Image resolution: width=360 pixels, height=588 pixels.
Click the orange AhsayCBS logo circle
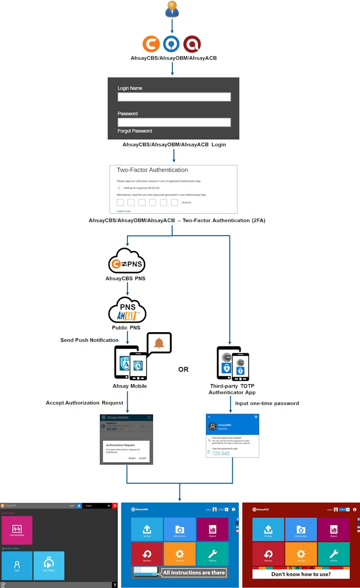click(151, 44)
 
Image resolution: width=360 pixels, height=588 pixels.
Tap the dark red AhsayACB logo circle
click(192, 44)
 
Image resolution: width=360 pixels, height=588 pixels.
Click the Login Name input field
click(174, 97)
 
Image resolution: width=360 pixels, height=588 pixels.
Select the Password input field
click(174, 122)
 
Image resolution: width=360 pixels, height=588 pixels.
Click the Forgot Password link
click(135, 131)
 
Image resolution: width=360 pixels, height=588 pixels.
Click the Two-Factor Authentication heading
click(152, 170)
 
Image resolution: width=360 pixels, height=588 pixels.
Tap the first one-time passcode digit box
click(120, 202)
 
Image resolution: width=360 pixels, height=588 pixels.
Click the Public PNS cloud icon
click(127, 311)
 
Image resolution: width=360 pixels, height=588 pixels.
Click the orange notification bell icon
click(159, 343)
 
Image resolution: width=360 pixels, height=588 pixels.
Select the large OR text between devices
click(183, 370)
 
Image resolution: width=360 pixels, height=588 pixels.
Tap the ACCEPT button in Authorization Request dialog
click(142, 458)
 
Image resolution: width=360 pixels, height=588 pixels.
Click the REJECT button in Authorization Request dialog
click(132, 458)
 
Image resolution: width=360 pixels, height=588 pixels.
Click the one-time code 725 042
click(221, 453)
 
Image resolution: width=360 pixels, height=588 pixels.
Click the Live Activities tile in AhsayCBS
click(17, 530)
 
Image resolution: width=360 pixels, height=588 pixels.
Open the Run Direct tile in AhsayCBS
click(49, 566)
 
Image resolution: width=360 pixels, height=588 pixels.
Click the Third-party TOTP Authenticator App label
click(232, 389)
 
